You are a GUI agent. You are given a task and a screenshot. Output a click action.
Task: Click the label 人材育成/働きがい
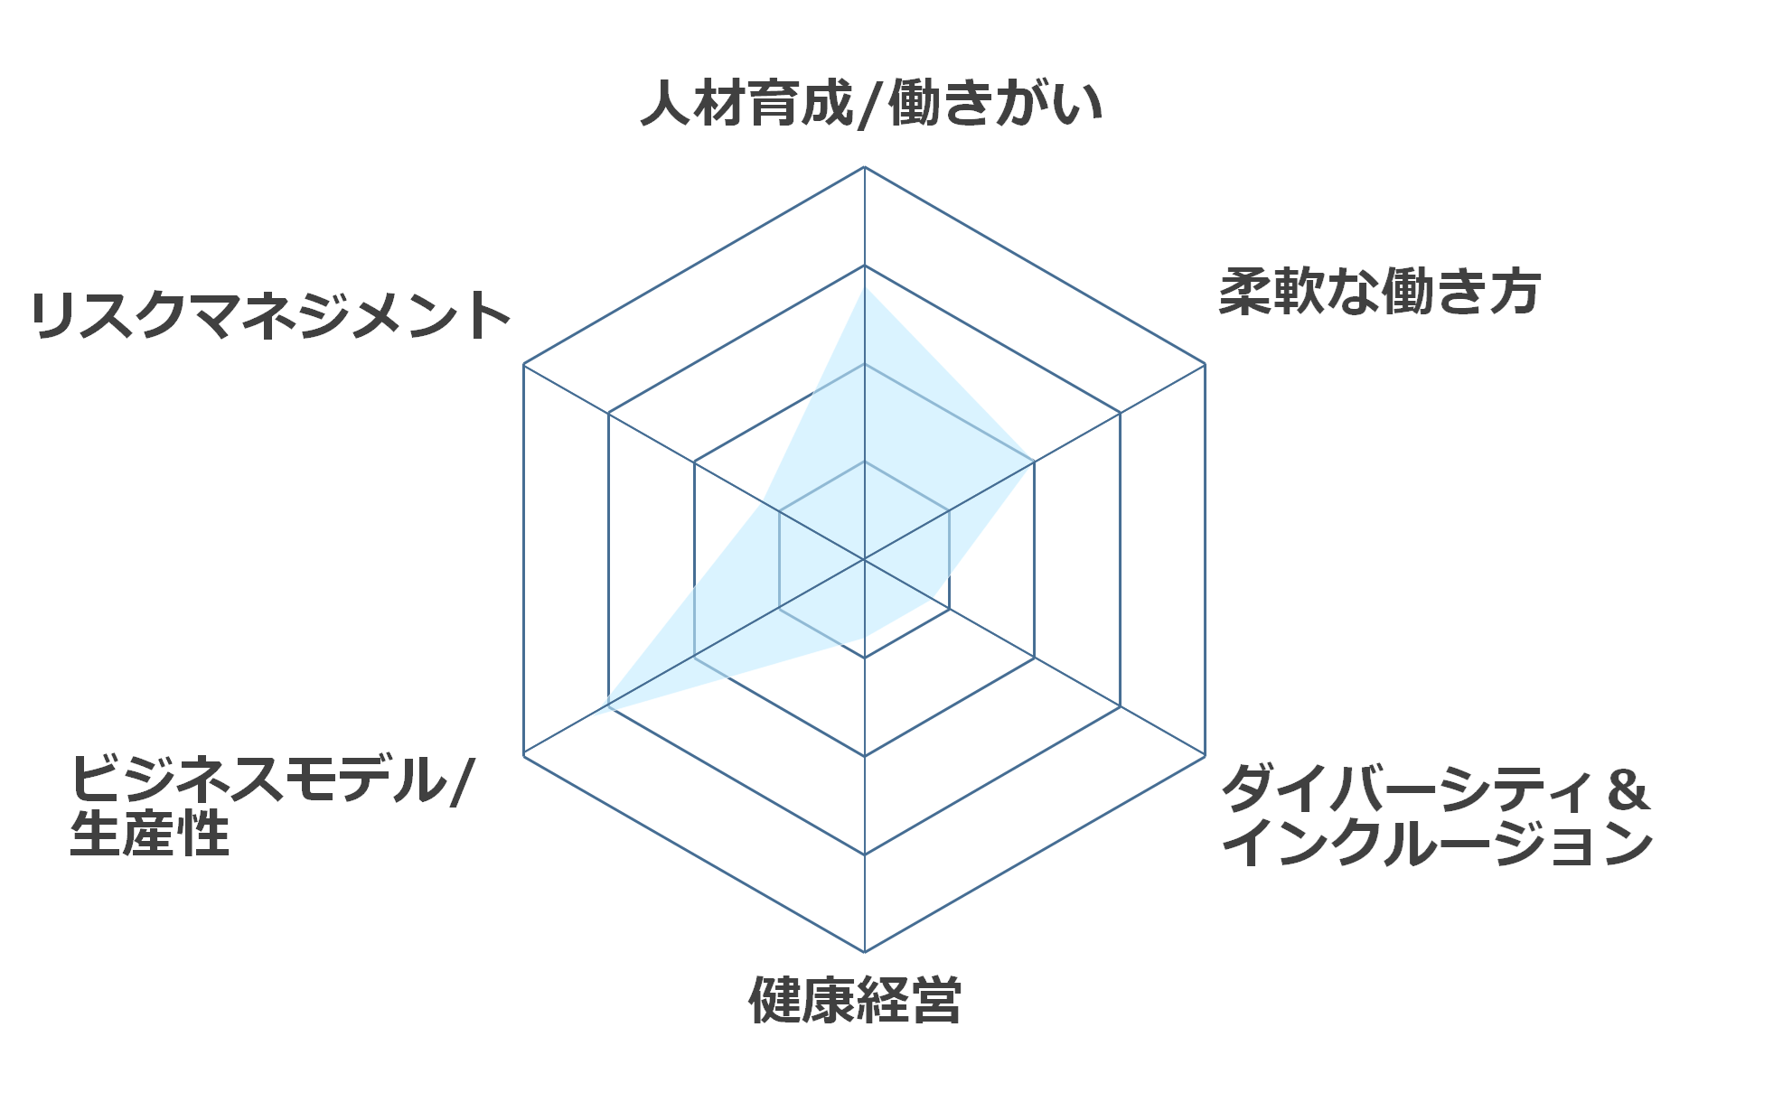pos(871,104)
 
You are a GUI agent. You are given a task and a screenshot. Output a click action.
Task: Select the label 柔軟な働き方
pos(1379,292)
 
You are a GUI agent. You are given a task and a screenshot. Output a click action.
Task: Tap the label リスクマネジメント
pos(270,315)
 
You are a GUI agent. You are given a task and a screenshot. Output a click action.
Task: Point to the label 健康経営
pos(855,1000)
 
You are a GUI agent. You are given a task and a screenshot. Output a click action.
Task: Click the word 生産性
pos(150,833)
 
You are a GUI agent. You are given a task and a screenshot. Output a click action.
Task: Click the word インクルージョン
pos(1438,843)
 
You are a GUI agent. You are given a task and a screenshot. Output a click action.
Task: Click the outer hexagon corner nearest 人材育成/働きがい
pos(865,167)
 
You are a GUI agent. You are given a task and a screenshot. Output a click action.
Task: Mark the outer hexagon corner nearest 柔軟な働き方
pos(1205,364)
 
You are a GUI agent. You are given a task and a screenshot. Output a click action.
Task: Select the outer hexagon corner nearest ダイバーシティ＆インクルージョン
pos(1205,755)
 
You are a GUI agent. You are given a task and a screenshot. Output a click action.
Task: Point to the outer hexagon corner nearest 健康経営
pos(865,952)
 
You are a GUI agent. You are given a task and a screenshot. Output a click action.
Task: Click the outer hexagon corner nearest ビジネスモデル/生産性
pos(524,755)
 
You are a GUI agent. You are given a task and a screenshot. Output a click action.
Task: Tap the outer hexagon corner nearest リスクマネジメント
pos(524,364)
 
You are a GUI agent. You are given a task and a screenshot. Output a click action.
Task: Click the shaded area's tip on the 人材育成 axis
pos(865,289)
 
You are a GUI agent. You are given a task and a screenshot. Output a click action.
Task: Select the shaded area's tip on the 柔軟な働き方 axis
pos(1034,462)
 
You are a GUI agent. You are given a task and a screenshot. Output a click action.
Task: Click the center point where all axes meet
pos(865,560)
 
